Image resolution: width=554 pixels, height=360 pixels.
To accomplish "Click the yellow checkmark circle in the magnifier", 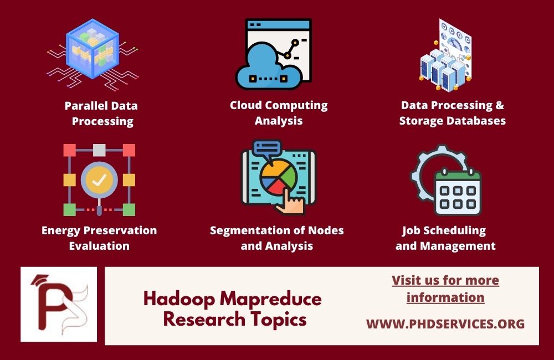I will pos(99,179).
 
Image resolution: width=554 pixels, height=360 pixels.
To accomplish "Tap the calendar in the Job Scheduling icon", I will pos(458,190).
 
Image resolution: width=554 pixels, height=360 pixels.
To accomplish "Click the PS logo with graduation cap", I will pos(59,304).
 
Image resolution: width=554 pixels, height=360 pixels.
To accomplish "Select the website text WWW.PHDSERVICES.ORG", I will pos(445,324).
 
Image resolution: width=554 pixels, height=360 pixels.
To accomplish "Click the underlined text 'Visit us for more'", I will pos(445,280).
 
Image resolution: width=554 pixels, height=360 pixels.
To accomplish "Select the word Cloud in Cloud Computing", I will pos(247,105).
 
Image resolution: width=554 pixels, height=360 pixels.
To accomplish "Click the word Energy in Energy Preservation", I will pos(61,230).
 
